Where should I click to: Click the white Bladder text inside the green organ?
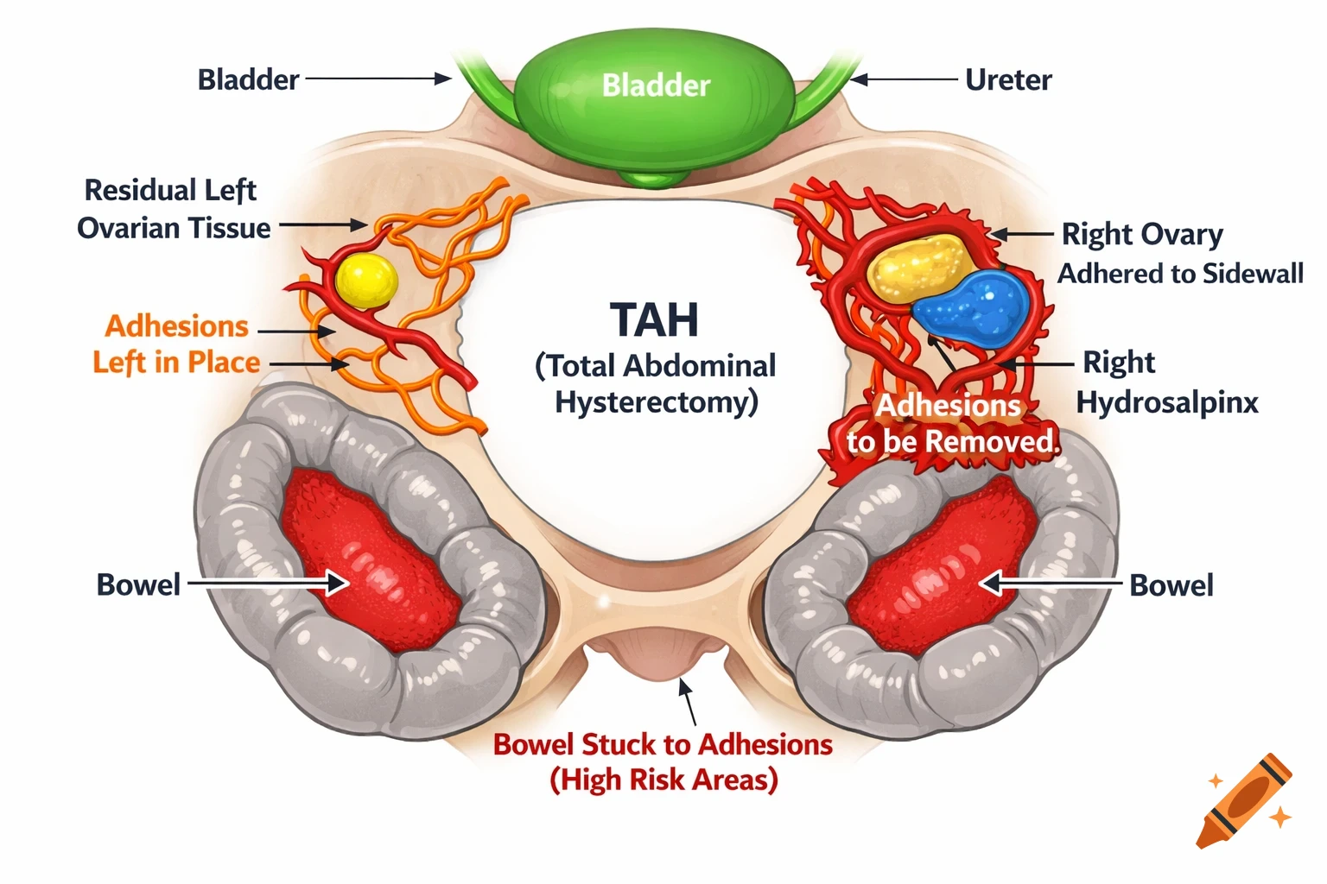click(x=656, y=85)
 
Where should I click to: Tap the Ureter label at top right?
click(x=1008, y=80)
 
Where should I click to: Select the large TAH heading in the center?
click(x=654, y=320)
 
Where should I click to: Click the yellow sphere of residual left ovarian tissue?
click(x=366, y=281)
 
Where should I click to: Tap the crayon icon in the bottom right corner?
click(x=1245, y=801)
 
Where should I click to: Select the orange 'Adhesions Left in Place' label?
click(x=176, y=344)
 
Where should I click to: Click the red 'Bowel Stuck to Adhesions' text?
click(x=663, y=744)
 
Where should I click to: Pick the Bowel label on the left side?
click(x=138, y=585)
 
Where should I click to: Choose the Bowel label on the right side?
click(x=1171, y=586)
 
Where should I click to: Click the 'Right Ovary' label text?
click(x=1141, y=235)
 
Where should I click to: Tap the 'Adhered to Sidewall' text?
click(x=1180, y=274)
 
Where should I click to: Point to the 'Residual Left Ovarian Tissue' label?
click(x=173, y=209)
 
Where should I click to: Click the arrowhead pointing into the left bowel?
click(x=337, y=584)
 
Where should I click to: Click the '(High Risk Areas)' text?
click(x=663, y=780)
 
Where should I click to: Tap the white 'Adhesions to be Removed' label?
click(x=950, y=424)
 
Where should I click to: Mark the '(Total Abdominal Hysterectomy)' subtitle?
click(x=656, y=384)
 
